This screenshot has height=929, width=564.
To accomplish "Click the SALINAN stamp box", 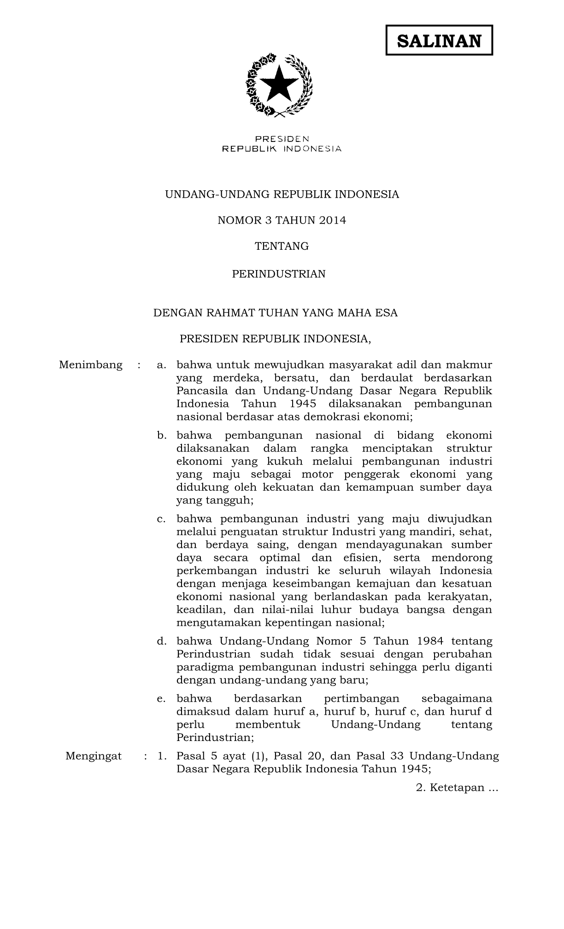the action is click(439, 41).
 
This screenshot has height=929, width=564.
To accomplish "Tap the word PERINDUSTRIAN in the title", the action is click(278, 274).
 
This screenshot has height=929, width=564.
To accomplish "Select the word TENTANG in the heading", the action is click(282, 247).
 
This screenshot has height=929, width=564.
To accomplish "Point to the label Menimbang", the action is click(91, 365).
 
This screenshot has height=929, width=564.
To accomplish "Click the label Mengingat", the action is click(94, 756).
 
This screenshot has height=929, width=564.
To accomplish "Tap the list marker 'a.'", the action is click(161, 365).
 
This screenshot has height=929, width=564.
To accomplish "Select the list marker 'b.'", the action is click(161, 435).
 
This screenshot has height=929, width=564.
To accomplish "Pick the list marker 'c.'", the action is click(161, 519).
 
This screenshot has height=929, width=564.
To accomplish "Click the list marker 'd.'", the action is click(161, 641).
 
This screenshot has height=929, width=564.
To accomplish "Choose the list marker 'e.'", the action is click(161, 699).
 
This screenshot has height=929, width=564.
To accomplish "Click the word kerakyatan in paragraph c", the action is click(458, 597).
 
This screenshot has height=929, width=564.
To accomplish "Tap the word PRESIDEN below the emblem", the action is click(282, 139).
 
